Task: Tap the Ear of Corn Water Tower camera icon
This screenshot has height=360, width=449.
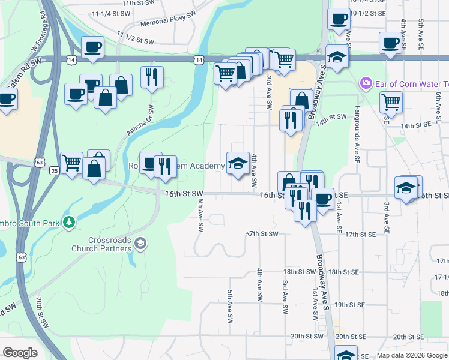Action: (365, 83)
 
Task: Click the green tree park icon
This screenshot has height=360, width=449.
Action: (70, 223)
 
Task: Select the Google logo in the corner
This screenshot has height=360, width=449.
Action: (20, 353)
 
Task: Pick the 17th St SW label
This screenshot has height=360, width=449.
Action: (264, 233)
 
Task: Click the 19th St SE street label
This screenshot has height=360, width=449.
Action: (349, 305)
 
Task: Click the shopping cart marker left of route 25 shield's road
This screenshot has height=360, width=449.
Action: (71, 162)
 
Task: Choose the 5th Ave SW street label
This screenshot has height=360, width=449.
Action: (230, 307)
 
